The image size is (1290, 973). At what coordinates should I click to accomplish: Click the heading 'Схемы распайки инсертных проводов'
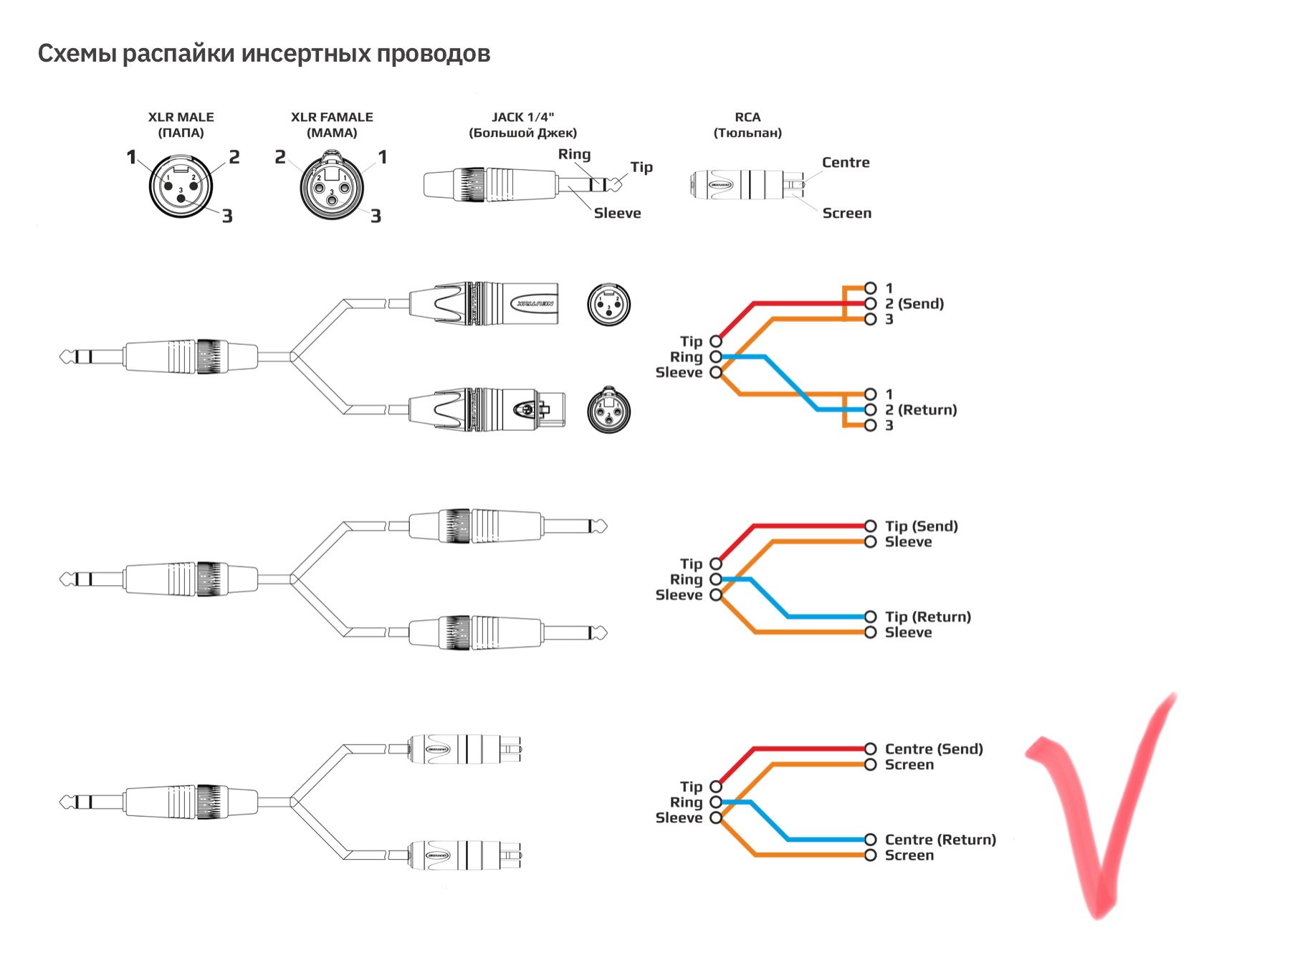(264, 54)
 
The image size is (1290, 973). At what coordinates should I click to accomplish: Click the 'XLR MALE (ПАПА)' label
(181, 125)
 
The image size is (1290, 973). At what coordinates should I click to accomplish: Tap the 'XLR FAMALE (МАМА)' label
(332, 125)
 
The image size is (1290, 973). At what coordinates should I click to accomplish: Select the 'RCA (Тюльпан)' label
(747, 125)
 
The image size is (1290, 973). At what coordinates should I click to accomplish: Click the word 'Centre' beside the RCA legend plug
(846, 163)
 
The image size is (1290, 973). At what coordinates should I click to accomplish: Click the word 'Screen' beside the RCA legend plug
(847, 213)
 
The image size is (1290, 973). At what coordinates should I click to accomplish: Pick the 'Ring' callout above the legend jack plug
(575, 154)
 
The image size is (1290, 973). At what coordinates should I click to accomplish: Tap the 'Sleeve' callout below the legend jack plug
(617, 213)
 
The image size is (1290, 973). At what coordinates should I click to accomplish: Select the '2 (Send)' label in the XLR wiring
(914, 304)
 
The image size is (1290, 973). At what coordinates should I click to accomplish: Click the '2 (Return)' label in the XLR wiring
(921, 410)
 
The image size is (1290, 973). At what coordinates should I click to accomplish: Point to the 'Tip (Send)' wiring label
(922, 526)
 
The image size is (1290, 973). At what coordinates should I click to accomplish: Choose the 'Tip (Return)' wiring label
(928, 617)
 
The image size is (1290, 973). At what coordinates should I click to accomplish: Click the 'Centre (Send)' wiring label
(934, 749)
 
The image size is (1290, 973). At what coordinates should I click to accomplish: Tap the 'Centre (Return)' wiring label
(940, 840)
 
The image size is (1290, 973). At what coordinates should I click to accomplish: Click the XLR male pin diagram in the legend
(181, 186)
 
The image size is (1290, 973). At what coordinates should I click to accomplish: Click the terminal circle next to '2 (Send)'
(871, 304)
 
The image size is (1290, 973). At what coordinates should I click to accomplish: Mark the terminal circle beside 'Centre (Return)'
(871, 840)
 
